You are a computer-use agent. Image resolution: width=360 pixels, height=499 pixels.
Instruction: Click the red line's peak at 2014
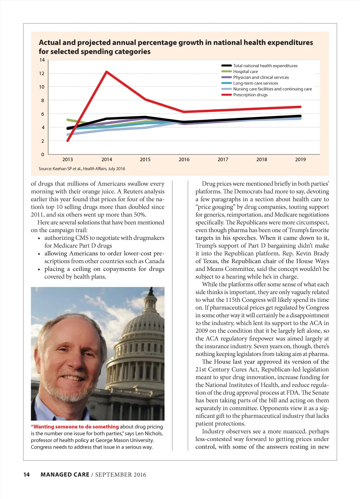click(x=107, y=72)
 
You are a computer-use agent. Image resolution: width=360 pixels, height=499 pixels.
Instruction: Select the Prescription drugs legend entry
click(x=250, y=95)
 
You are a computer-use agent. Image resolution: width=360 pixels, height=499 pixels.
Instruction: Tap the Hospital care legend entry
click(x=245, y=72)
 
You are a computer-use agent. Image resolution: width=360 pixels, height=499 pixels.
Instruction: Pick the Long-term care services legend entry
click(x=255, y=83)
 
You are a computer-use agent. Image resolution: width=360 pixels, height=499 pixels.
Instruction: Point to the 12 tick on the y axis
click(x=42, y=73)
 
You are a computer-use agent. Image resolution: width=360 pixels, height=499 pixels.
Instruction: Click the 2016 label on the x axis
click(x=184, y=160)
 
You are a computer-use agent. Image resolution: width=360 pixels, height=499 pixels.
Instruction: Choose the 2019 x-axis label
click(x=300, y=160)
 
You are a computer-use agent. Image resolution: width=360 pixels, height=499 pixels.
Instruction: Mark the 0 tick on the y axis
click(x=43, y=155)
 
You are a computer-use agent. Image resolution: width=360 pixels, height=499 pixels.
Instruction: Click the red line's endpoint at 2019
click(x=300, y=107)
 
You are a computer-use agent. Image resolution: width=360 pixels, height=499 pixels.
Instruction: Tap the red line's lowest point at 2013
click(x=68, y=141)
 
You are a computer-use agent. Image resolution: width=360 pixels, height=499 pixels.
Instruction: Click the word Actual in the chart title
click(x=50, y=43)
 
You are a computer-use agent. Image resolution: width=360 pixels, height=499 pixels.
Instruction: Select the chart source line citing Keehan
click(x=82, y=169)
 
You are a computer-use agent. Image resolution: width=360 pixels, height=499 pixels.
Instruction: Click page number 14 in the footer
click(x=26, y=475)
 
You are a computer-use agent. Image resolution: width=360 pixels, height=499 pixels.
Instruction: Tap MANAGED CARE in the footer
click(x=65, y=475)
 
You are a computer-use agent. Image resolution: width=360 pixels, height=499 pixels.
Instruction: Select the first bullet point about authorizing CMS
click(x=104, y=242)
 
